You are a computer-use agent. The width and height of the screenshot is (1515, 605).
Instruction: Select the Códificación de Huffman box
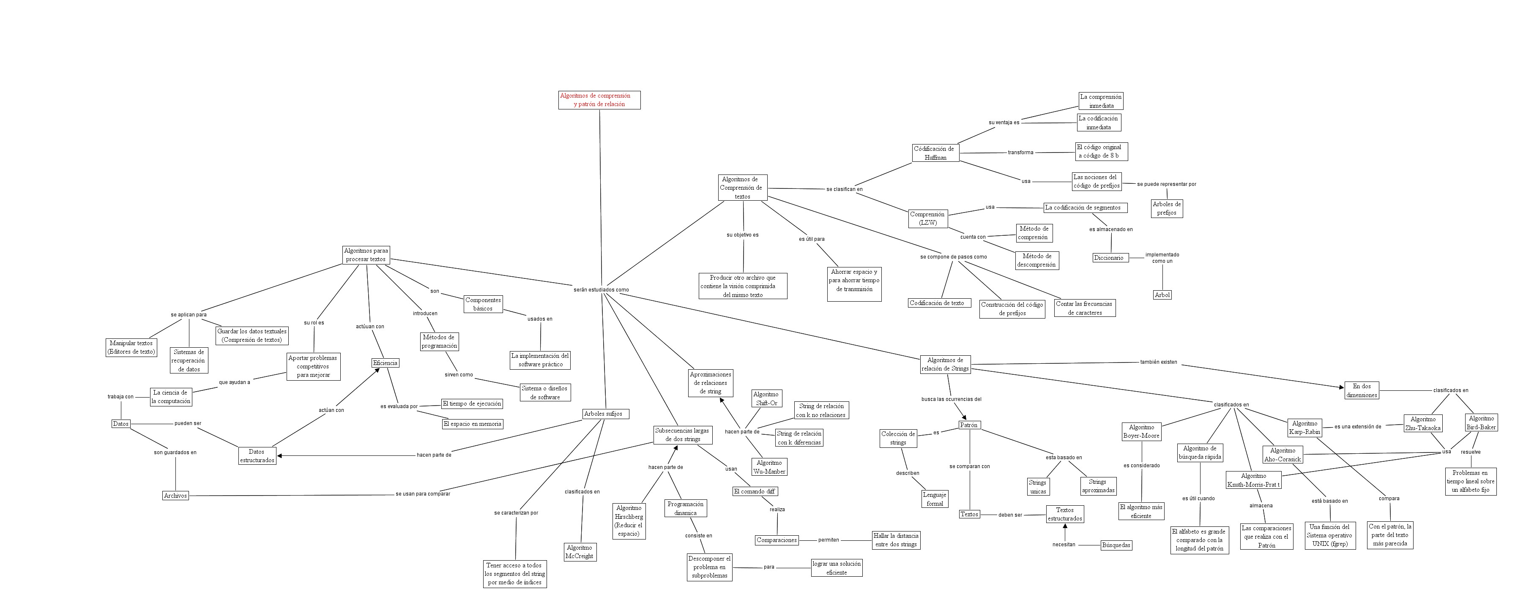point(935,153)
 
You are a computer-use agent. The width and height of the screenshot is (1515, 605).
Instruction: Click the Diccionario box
point(1109,258)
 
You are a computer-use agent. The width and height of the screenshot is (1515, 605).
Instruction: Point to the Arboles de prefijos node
point(1166,208)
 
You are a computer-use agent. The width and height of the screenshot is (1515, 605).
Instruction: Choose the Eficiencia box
point(385,363)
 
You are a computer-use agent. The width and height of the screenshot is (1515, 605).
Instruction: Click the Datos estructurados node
point(257,456)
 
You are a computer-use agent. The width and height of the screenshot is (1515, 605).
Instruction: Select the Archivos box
point(175,496)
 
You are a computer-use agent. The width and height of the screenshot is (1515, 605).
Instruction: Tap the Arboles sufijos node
point(603,414)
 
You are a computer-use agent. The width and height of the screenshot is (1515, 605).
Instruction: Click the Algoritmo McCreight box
point(579,551)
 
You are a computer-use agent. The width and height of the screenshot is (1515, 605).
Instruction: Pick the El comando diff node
point(754,491)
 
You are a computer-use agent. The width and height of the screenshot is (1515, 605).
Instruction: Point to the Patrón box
point(968,425)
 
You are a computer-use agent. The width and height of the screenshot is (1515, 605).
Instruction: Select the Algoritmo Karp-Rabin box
point(1304,428)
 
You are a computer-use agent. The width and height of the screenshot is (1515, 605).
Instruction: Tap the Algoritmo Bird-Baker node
point(1481,423)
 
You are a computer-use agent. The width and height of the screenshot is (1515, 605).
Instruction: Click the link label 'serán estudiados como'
point(601,290)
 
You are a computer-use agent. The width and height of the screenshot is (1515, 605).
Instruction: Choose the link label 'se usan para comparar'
point(422,494)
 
